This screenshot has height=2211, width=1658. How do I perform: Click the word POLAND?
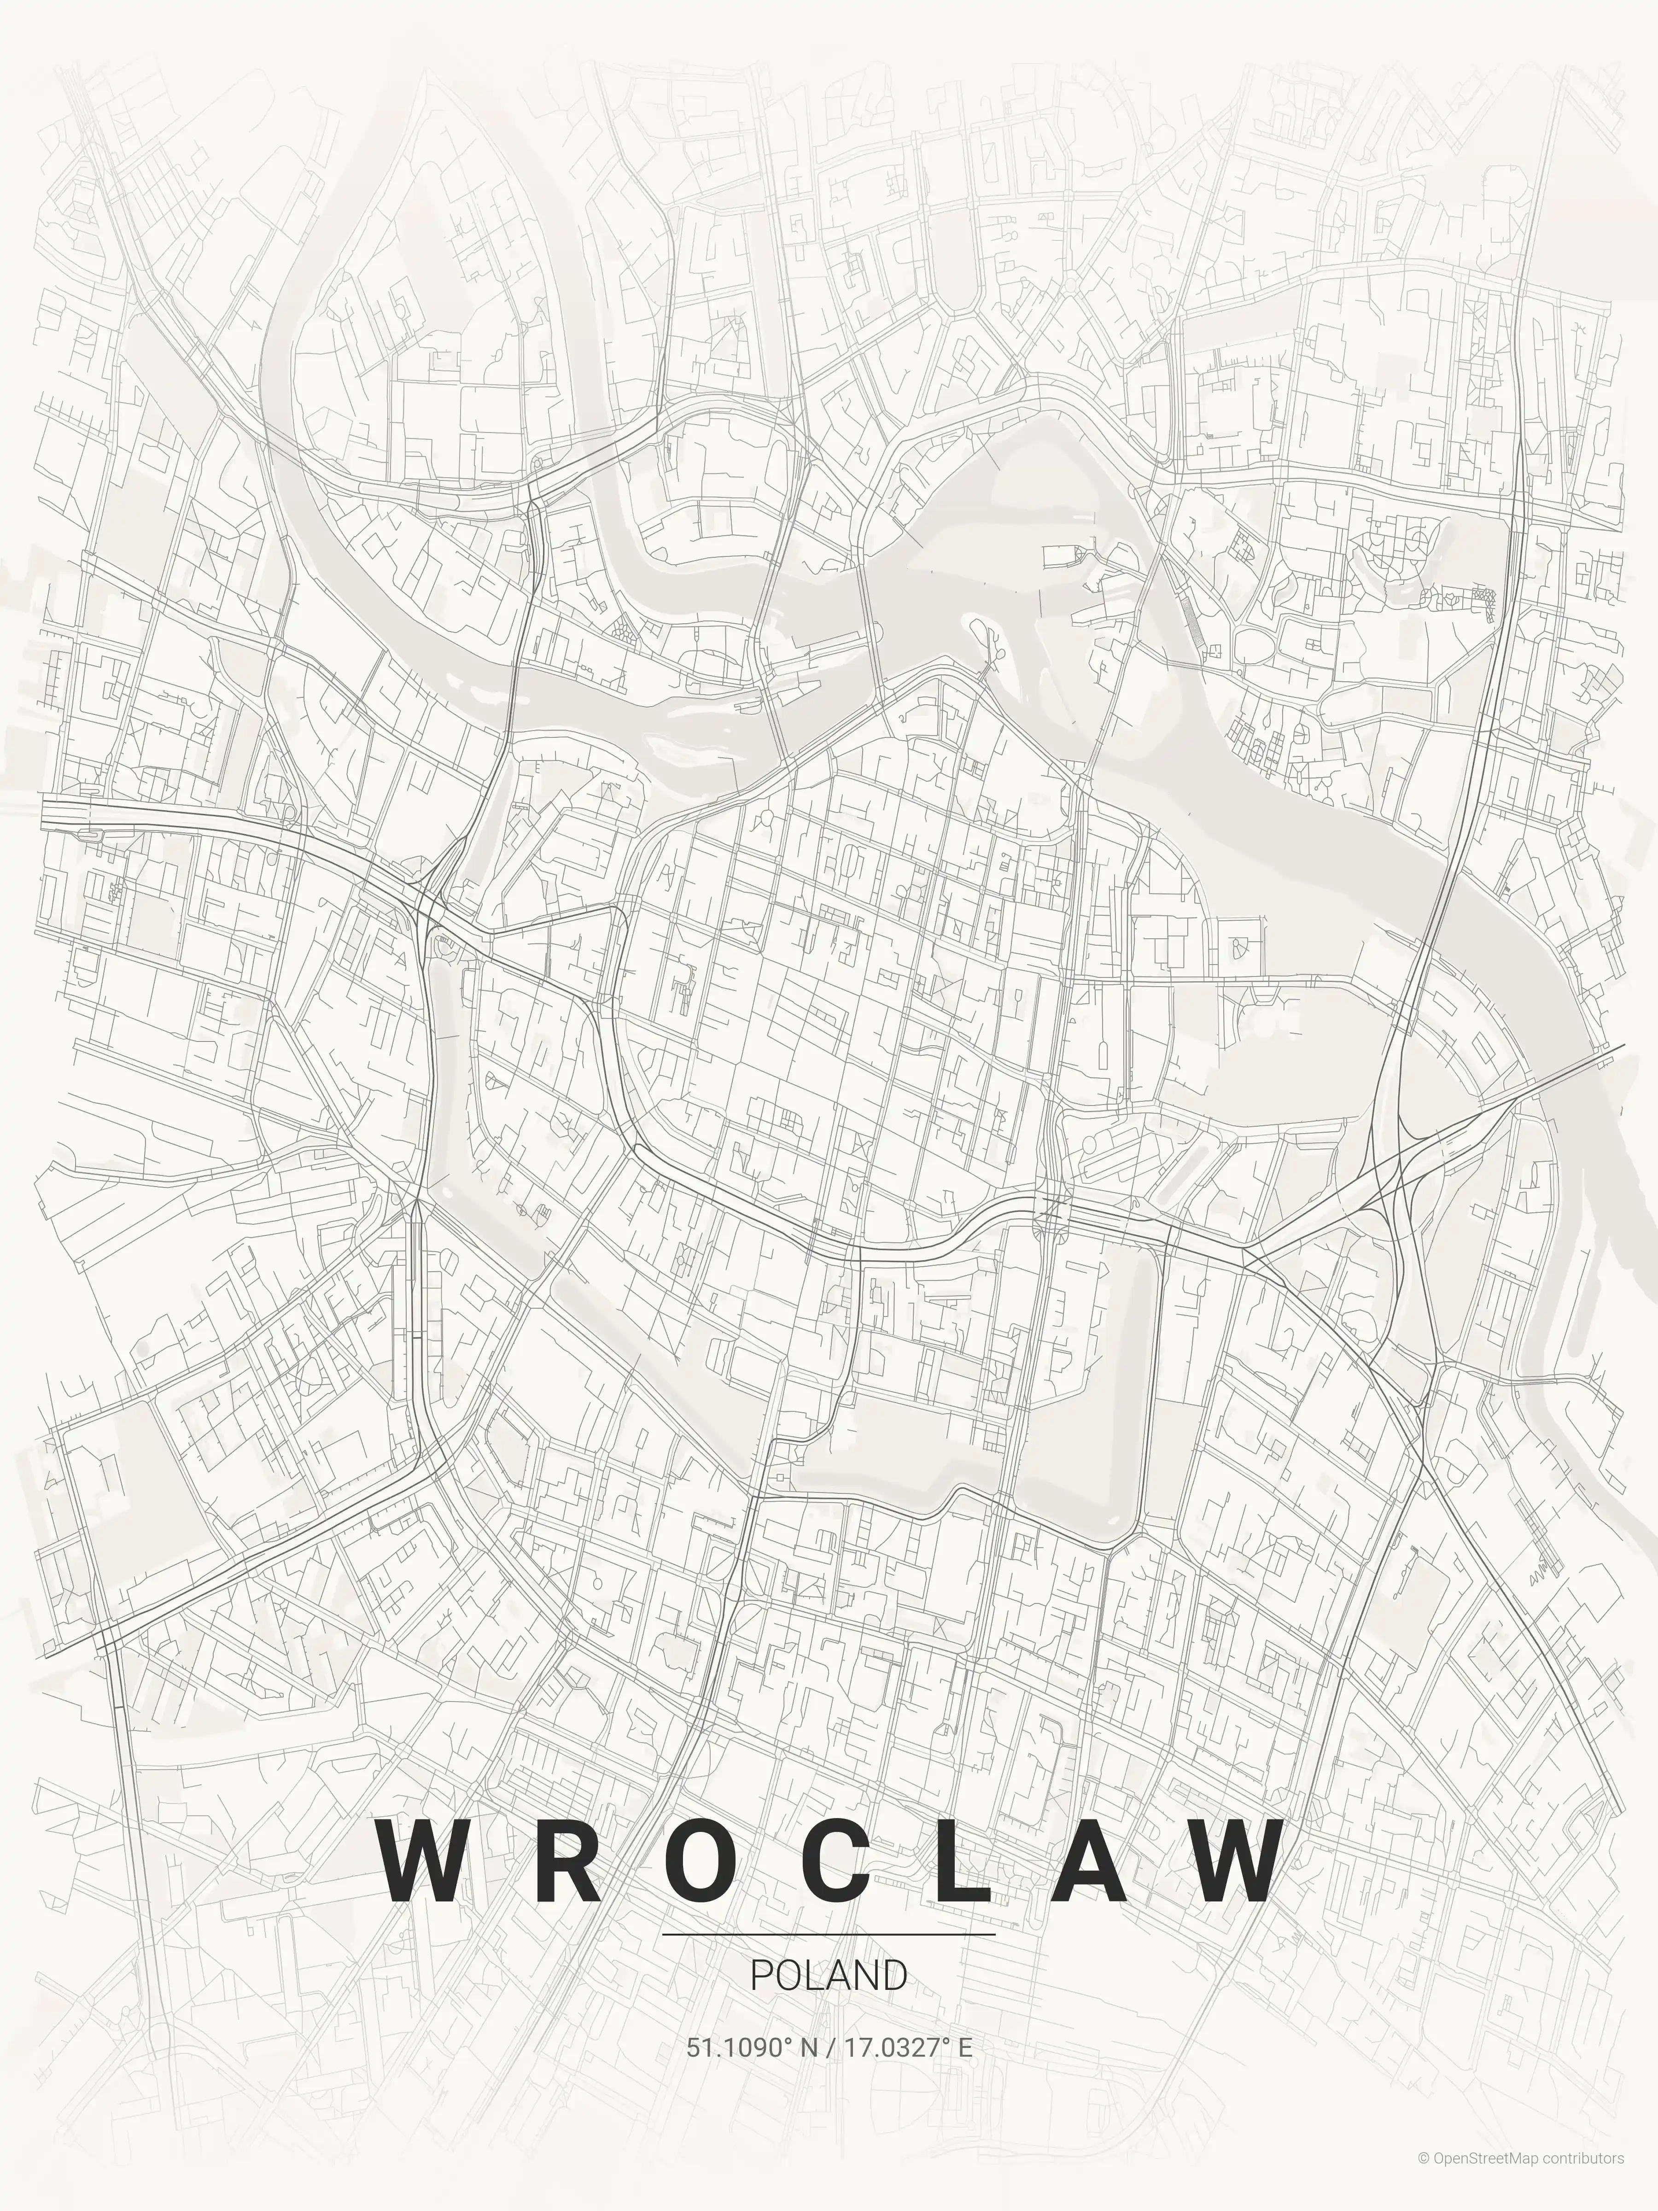(x=829, y=1976)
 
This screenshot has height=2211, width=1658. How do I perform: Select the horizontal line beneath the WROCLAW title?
(x=829, y=1934)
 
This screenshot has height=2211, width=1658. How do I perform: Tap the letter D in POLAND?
(x=895, y=1976)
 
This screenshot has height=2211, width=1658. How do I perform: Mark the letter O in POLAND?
(x=784, y=1976)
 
